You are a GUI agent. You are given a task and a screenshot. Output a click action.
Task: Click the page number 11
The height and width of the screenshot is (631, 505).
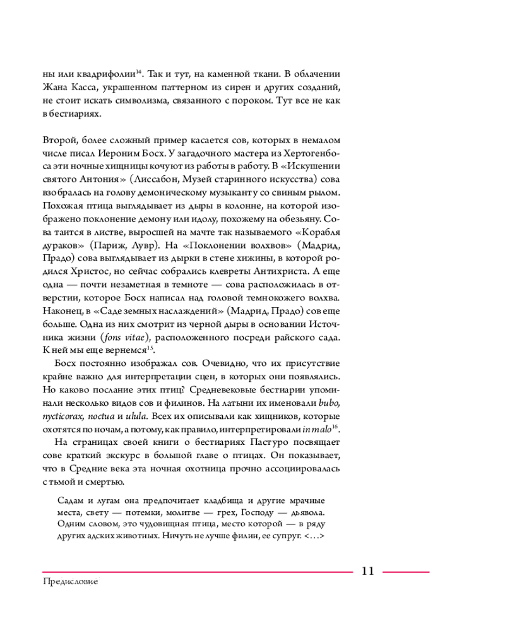(368, 571)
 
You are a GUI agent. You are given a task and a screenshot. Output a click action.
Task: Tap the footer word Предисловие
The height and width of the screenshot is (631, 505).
(71, 584)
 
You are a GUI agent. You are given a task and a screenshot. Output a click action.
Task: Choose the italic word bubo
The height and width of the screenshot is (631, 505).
(331, 403)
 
